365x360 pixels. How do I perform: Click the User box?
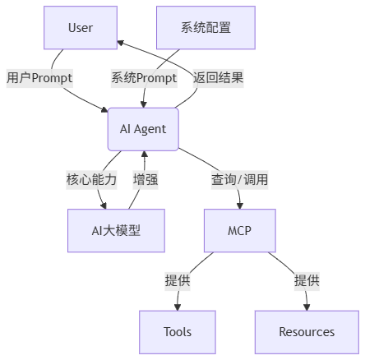pyautogui.click(x=81, y=28)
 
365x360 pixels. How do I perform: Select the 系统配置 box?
pyautogui.click(x=206, y=28)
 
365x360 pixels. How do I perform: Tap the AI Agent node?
pyautogui.click(x=143, y=129)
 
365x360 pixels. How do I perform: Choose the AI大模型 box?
pyautogui.click(x=116, y=230)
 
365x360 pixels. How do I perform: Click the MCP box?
pyautogui.click(x=240, y=230)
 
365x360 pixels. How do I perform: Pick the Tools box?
pyautogui.click(x=178, y=332)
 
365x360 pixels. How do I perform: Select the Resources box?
pyautogui.click(x=307, y=332)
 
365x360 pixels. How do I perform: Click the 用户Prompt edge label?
pyautogui.click(x=39, y=78)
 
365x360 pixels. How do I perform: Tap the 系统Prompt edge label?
pyautogui.click(x=144, y=78)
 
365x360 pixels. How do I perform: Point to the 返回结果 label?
pyautogui.click(x=218, y=78)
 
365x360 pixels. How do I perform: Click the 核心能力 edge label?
pyautogui.click(x=91, y=180)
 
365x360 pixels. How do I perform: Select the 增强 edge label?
pyautogui.click(x=146, y=180)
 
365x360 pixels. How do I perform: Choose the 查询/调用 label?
pyautogui.click(x=239, y=180)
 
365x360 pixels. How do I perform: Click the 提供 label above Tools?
pyautogui.click(x=178, y=281)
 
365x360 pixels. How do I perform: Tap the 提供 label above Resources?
pyautogui.click(x=307, y=281)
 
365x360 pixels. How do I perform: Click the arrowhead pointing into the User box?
pyautogui.click(x=121, y=43)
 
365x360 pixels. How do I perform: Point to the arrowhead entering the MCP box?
pyautogui.click(x=240, y=205)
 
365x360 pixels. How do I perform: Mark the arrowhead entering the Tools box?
pyautogui.click(x=178, y=307)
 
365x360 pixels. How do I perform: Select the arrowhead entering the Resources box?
pyautogui.click(x=307, y=307)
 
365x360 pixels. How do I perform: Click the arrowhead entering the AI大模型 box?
pyautogui.click(x=104, y=205)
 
